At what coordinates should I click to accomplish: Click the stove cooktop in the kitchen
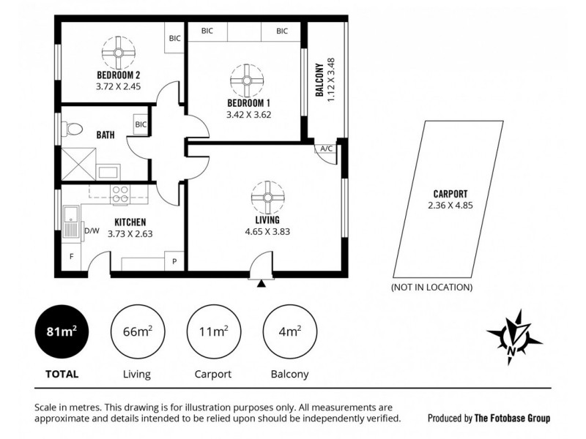[119, 195]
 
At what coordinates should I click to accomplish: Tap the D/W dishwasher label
[92, 231]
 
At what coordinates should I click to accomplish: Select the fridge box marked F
[72, 258]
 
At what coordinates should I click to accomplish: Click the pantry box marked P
[175, 261]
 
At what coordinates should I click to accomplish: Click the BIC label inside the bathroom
[141, 124]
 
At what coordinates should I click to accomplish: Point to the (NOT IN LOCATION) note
[432, 287]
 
